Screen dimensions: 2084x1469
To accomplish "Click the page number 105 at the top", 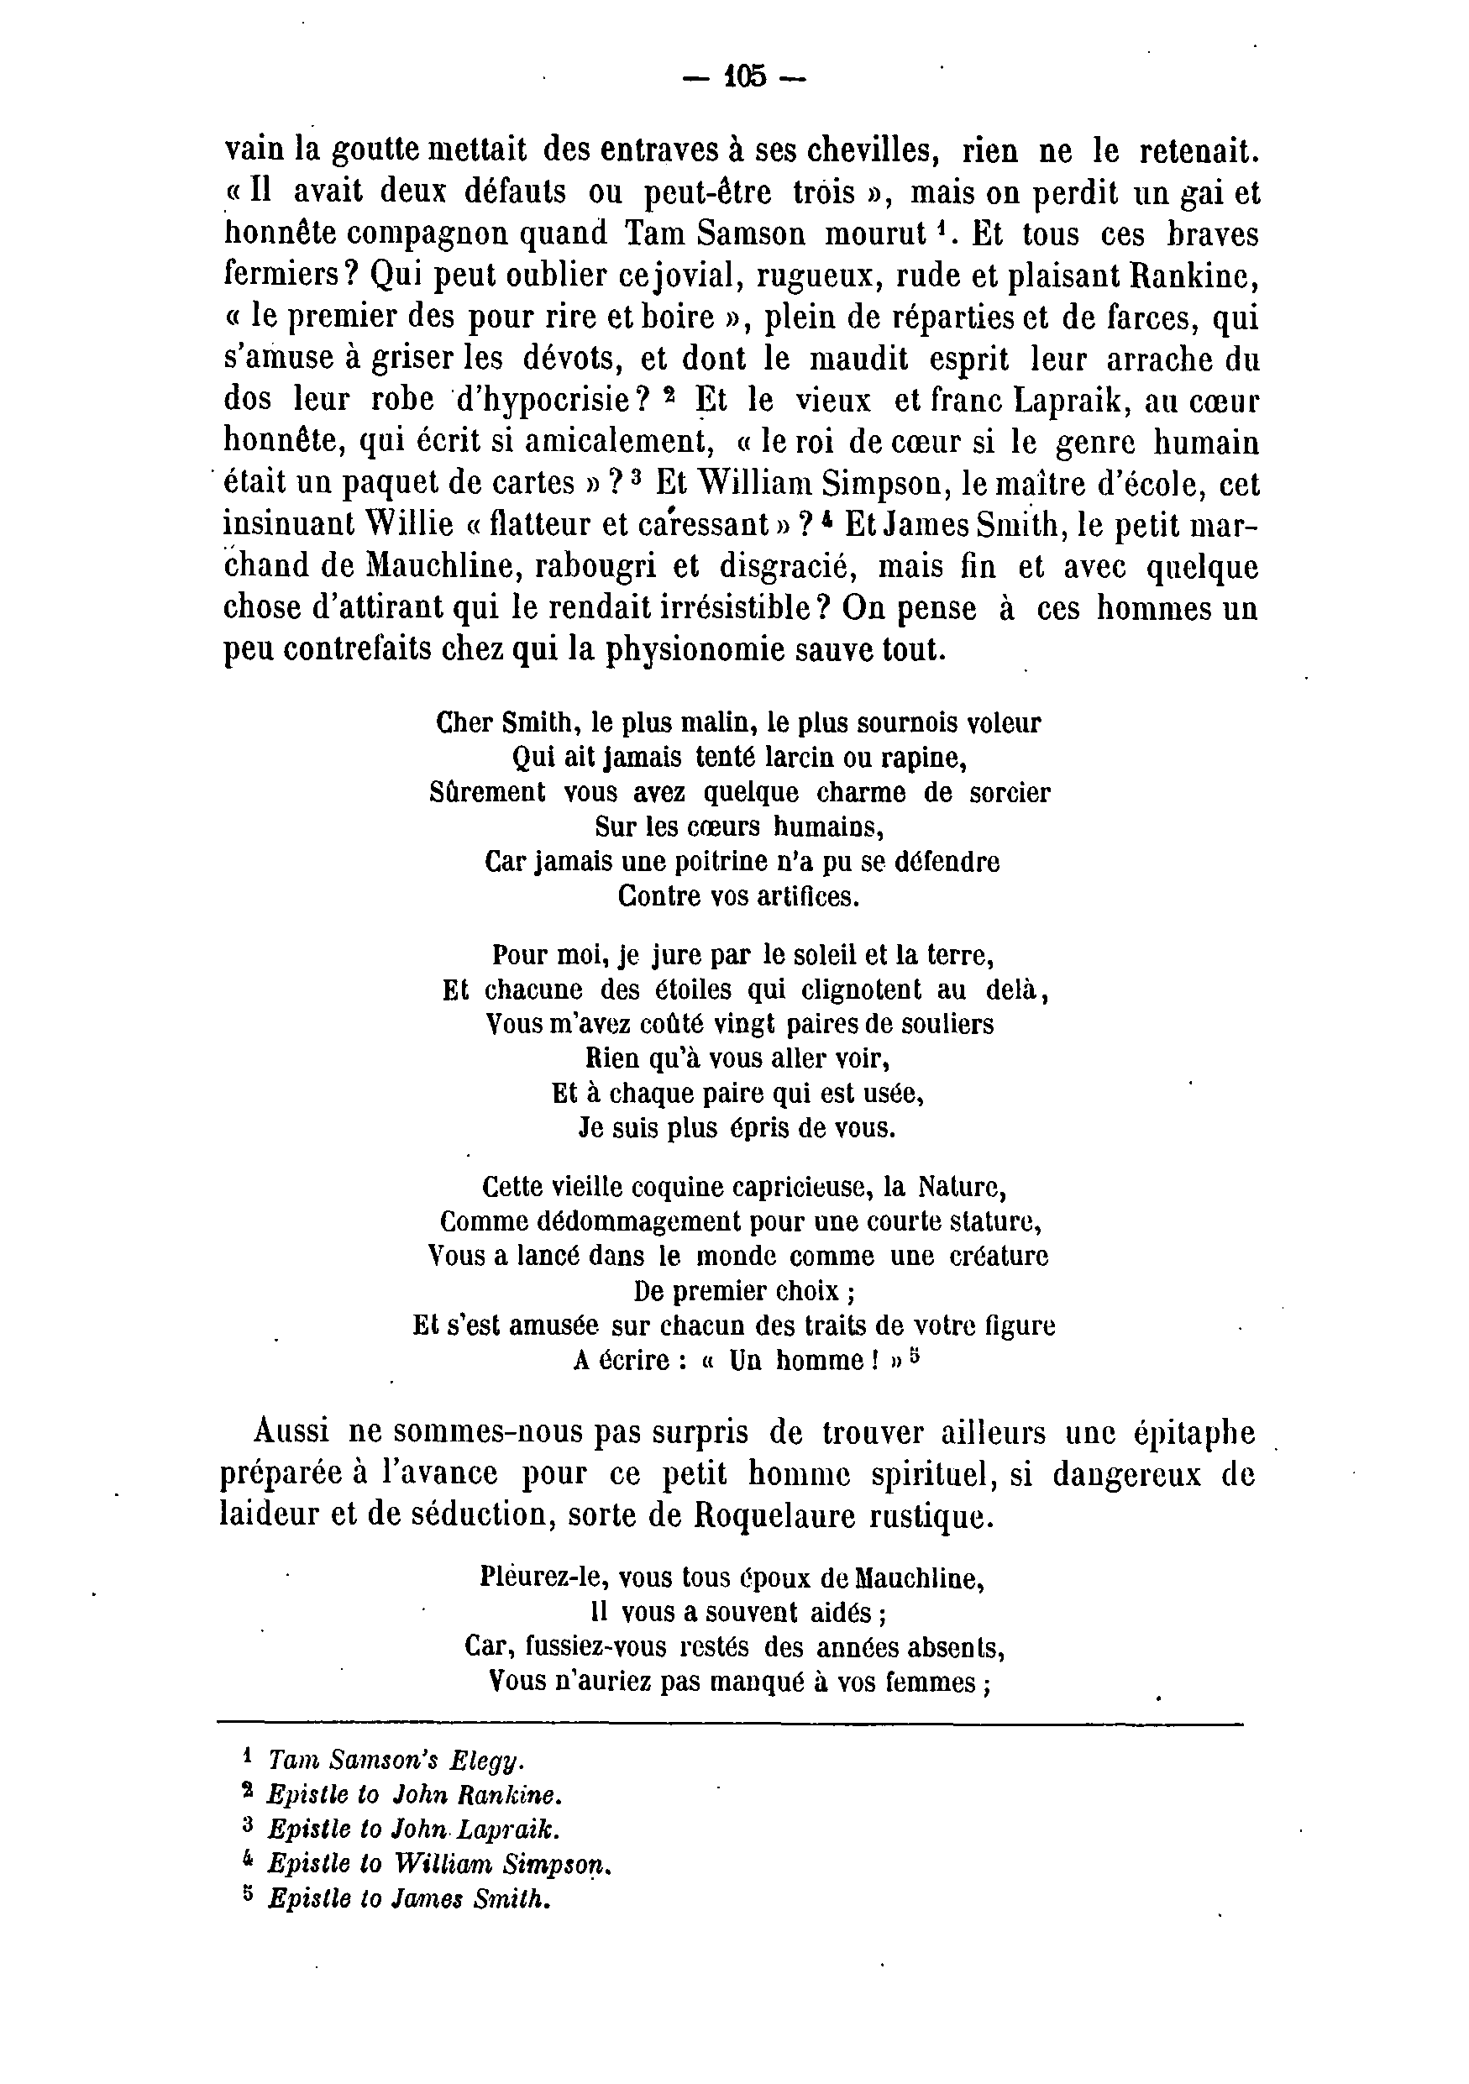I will click(x=745, y=77).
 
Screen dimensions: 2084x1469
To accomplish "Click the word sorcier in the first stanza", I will click(x=1009, y=793).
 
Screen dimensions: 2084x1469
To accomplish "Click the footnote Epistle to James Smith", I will click(x=409, y=1900).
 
